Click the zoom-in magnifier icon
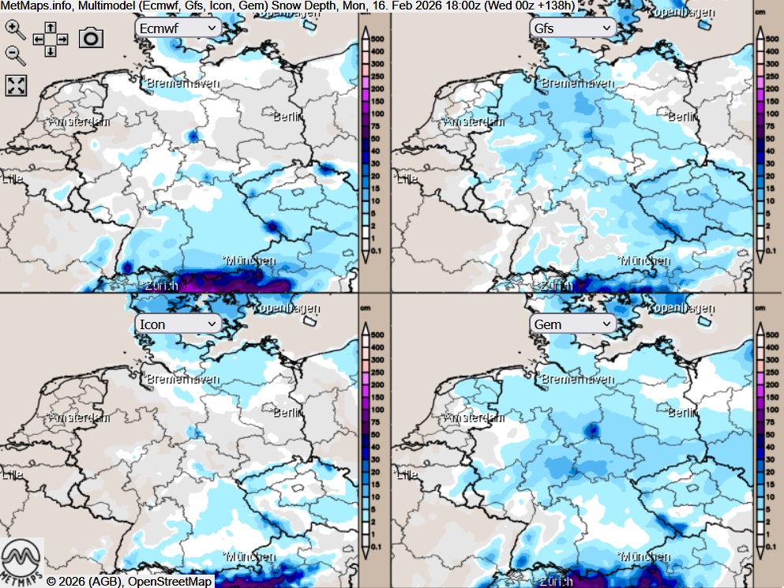point(15,29)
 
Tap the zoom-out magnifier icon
point(15,54)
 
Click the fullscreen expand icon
point(16,85)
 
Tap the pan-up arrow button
point(50,28)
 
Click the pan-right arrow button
point(62,39)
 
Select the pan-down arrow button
point(50,51)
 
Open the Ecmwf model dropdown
point(178,28)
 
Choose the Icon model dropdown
point(178,324)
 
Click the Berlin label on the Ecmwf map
point(289,117)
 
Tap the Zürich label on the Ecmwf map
point(158,286)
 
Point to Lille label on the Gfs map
point(407,179)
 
